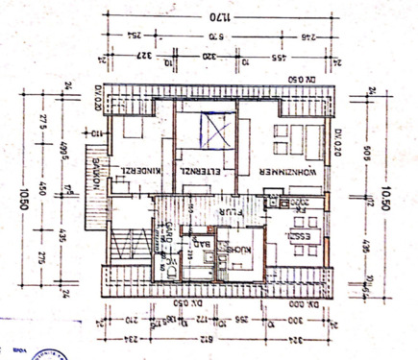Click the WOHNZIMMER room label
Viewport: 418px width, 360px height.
point(291,170)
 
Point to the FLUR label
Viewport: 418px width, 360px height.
point(207,204)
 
